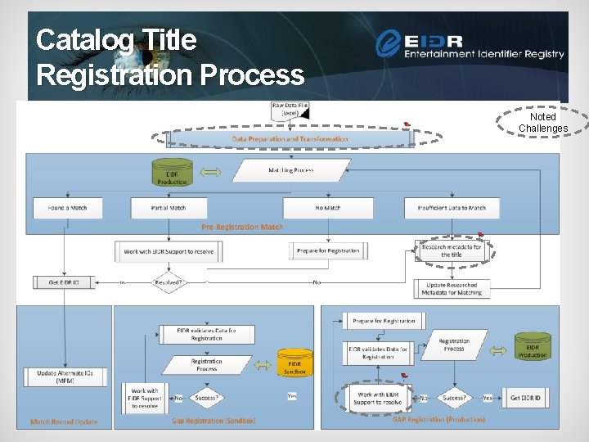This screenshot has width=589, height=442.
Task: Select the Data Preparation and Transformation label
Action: (x=290, y=139)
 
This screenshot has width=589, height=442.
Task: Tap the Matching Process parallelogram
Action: (x=291, y=170)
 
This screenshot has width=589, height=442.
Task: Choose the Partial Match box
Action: (x=169, y=208)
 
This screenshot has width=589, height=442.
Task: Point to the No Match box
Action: (x=327, y=208)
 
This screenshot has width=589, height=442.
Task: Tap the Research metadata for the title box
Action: (x=451, y=250)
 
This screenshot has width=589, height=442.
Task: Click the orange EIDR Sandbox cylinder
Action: (x=294, y=363)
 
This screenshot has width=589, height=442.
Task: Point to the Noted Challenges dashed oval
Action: (x=543, y=123)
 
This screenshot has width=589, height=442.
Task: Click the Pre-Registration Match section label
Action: (x=243, y=227)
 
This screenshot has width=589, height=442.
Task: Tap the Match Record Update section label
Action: (x=64, y=422)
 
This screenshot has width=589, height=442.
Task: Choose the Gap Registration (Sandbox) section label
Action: (x=214, y=421)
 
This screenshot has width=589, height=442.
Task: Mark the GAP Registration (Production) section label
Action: (x=438, y=419)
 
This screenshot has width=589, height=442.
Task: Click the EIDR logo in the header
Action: (x=470, y=44)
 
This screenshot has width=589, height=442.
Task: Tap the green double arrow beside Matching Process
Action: (x=211, y=173)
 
